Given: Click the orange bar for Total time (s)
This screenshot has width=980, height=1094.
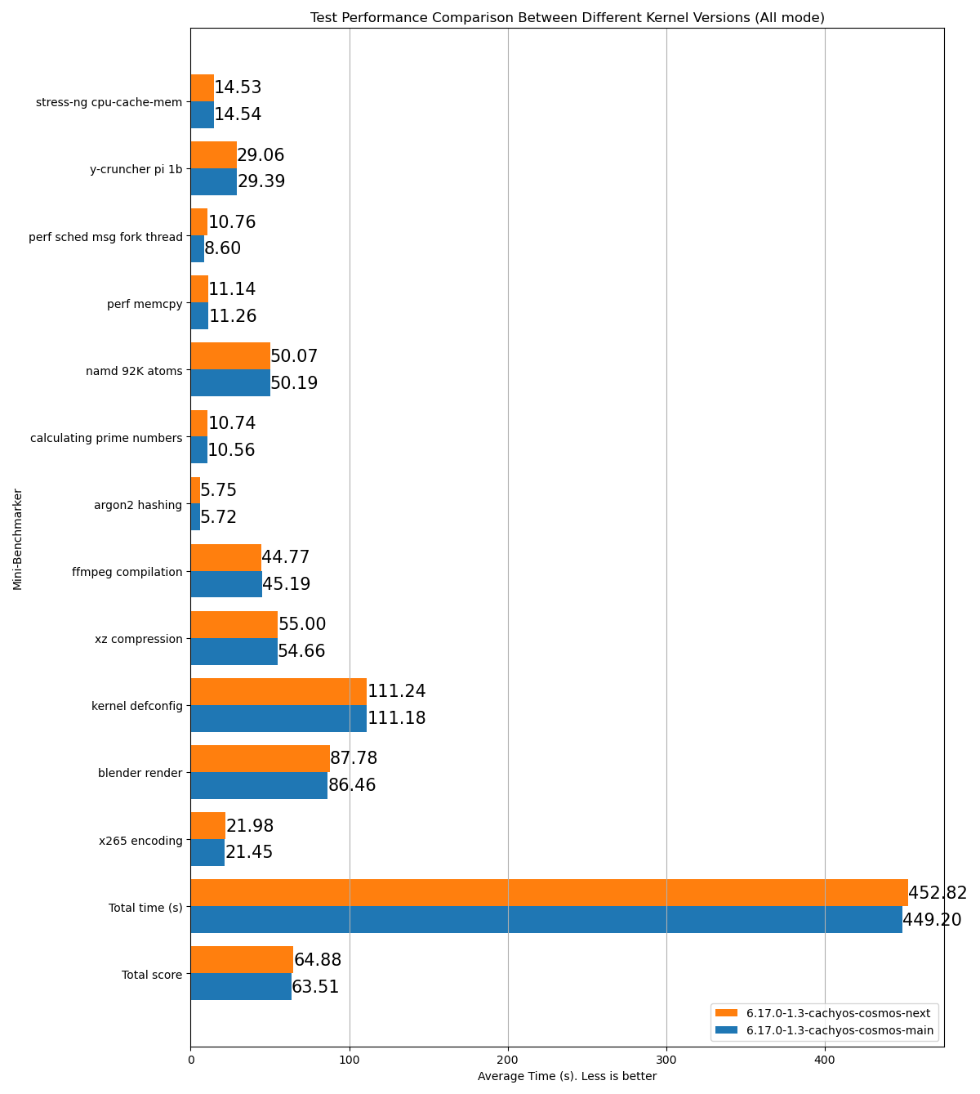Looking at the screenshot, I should coord(549,893).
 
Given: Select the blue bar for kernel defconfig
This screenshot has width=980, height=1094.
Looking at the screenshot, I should coord(278,718).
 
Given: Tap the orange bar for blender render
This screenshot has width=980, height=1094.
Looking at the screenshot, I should coord(260,758).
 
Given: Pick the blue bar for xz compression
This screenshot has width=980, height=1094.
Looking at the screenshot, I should coord(234,651).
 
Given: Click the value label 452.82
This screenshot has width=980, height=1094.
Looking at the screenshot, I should coord(938,893).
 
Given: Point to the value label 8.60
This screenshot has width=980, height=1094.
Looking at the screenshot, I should coord(223,248).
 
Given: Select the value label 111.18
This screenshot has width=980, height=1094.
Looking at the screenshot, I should coord(397,718).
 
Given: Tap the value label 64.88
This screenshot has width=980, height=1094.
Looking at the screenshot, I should coord(318,960).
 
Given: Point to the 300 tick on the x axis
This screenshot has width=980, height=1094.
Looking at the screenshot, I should coord(666,1060).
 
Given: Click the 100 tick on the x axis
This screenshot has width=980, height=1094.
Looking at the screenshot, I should coord(350,1060).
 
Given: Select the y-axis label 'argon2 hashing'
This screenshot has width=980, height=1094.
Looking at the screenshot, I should coord(138,505).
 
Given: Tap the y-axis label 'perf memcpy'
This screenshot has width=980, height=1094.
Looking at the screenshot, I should coord(145,304).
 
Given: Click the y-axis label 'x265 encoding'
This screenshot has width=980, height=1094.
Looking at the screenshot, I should coord(140,840).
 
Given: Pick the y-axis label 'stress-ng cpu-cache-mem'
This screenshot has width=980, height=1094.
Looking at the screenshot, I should coord(109,102).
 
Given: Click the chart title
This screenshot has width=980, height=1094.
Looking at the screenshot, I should coord(567,17).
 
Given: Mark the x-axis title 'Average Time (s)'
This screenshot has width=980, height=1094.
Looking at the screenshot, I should coord(567,1076).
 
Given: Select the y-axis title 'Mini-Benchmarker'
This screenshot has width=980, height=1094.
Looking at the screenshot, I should coord(17,538).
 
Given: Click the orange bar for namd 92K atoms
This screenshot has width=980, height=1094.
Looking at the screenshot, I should coord(230,356).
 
